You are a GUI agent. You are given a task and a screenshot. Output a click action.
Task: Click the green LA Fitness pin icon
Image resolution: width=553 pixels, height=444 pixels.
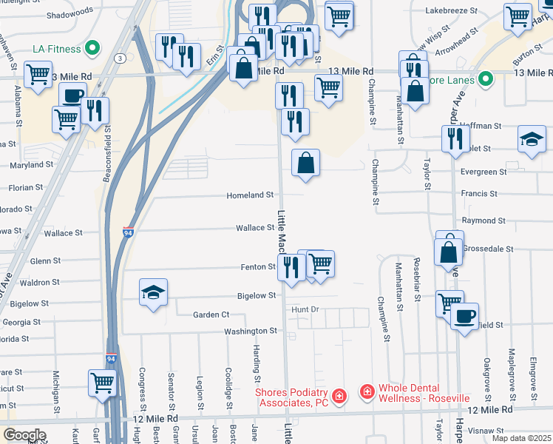point(92,50)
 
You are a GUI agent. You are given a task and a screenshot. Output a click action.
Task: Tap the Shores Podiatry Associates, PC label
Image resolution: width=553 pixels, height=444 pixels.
point(291,397)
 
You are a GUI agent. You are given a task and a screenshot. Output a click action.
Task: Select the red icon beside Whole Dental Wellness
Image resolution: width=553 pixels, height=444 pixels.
point(366,390)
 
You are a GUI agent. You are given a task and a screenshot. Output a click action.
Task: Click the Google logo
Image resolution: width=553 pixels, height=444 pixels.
point(24,435)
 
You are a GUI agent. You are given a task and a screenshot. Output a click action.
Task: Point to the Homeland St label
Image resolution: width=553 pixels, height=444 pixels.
point(249,195)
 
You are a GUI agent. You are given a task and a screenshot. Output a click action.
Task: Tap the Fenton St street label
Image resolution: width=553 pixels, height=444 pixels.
point(258,266)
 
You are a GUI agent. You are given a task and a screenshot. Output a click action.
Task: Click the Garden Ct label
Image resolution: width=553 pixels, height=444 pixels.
point(211,314)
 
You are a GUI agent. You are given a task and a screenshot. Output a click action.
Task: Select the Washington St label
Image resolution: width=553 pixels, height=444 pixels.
point(251,331)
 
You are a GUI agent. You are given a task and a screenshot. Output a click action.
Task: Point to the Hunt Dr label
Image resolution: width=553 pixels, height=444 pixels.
point(304,309)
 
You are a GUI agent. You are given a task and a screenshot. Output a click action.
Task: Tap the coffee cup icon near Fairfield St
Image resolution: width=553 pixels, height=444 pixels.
point(464,317)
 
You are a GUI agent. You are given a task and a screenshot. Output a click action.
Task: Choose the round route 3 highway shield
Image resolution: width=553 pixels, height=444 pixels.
point(119,57)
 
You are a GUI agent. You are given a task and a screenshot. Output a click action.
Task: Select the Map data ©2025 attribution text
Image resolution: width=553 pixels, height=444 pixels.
point(521,438)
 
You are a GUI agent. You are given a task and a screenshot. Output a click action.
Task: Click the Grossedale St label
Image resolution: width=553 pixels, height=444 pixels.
point(488,249)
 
